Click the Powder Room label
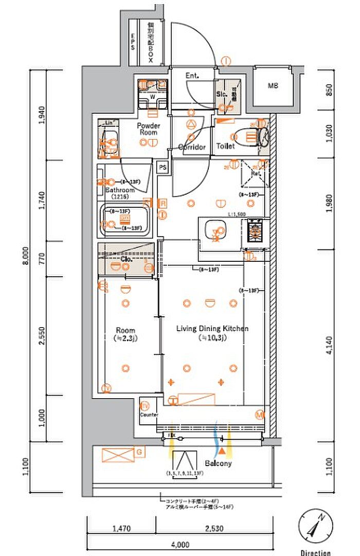148,129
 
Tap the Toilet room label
225,146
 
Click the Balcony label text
218,463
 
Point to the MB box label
273,86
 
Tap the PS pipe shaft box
163,167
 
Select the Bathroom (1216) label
120,193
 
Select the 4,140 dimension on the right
329,350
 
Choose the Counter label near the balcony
149,415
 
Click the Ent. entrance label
192,76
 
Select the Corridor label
192,147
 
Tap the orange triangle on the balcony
222,451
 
